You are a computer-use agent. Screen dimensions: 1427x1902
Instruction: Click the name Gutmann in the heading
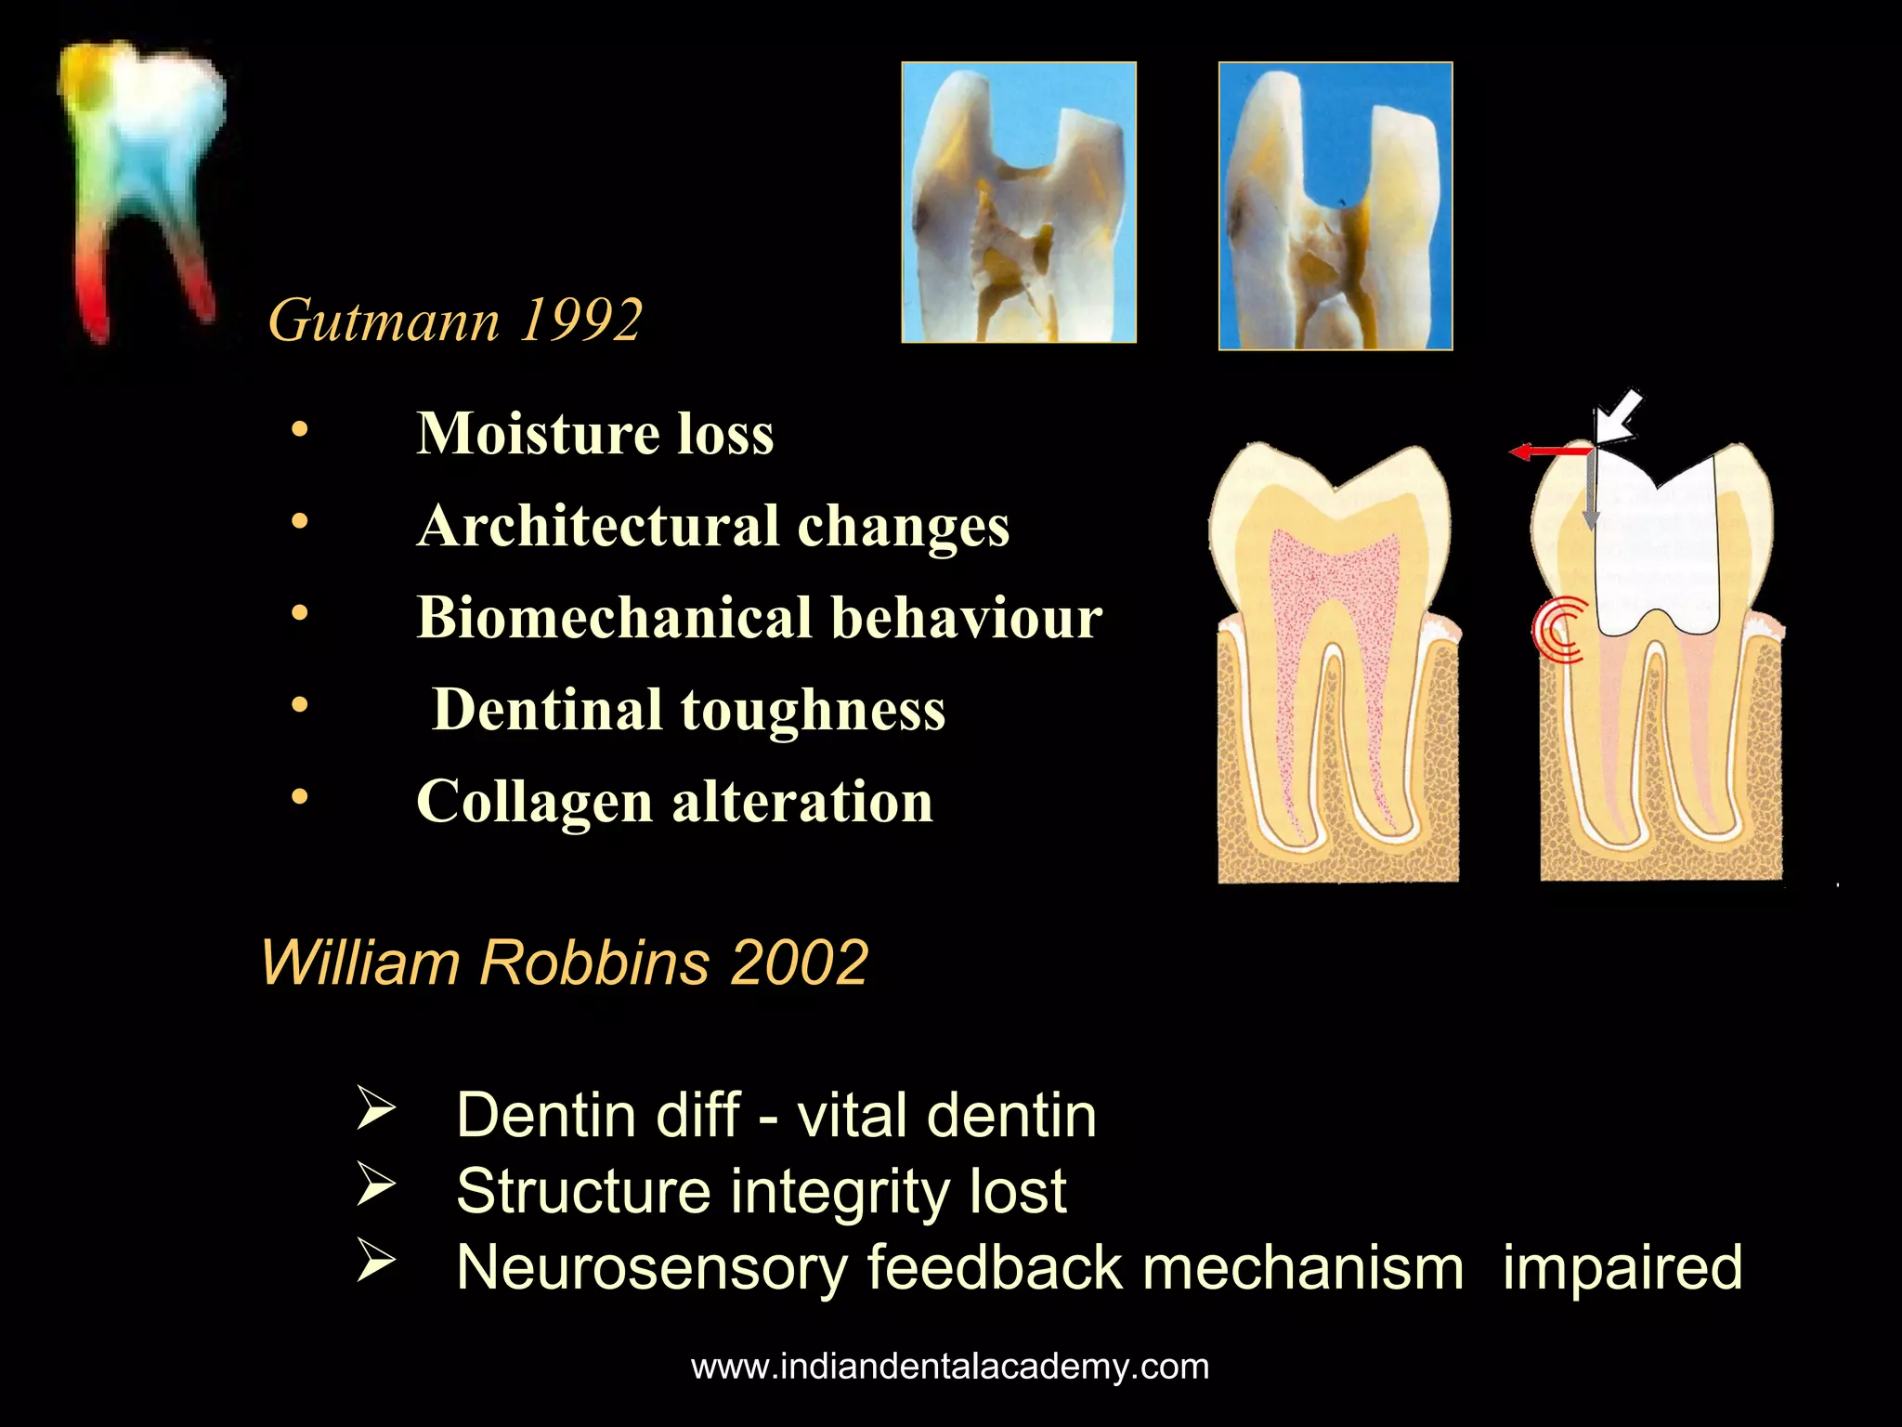[384, 321]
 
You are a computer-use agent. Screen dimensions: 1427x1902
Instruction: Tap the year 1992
[580, 321]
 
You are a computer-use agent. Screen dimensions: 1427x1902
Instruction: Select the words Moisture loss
[594, 434]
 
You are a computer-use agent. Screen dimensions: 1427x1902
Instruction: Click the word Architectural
[597, 526]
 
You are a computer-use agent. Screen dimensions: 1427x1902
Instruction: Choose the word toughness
[813, 710]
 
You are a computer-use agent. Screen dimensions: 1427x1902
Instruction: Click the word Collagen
[534, 802]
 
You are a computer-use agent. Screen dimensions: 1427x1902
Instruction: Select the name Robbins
[595, 962]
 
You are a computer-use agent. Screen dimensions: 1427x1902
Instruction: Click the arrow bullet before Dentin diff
[376, 1111]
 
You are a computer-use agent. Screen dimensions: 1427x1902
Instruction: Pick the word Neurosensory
[651, 1268]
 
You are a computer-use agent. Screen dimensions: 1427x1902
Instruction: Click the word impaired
[1622, 1268]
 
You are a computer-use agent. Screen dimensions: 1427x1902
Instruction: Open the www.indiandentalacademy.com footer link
[950, 1368]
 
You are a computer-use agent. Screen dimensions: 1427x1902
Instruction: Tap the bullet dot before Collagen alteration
[299, 797]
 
